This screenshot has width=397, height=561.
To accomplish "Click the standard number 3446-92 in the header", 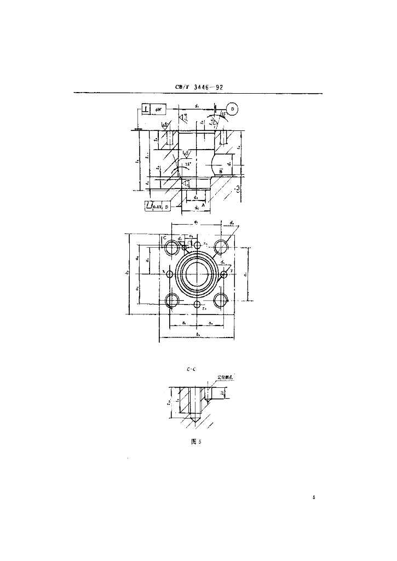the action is [205, 88].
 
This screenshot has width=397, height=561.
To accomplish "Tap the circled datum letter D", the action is [233, 110].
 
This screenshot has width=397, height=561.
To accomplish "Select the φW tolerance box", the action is [159, 110].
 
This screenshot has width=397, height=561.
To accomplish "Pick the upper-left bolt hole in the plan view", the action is [172, 246].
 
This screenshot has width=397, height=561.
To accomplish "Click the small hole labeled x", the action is [169, 273].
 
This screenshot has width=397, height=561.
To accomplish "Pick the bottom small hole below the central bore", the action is [197, 303].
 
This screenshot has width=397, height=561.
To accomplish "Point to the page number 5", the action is [314, 497].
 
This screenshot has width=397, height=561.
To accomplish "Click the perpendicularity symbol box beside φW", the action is [145, 110].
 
